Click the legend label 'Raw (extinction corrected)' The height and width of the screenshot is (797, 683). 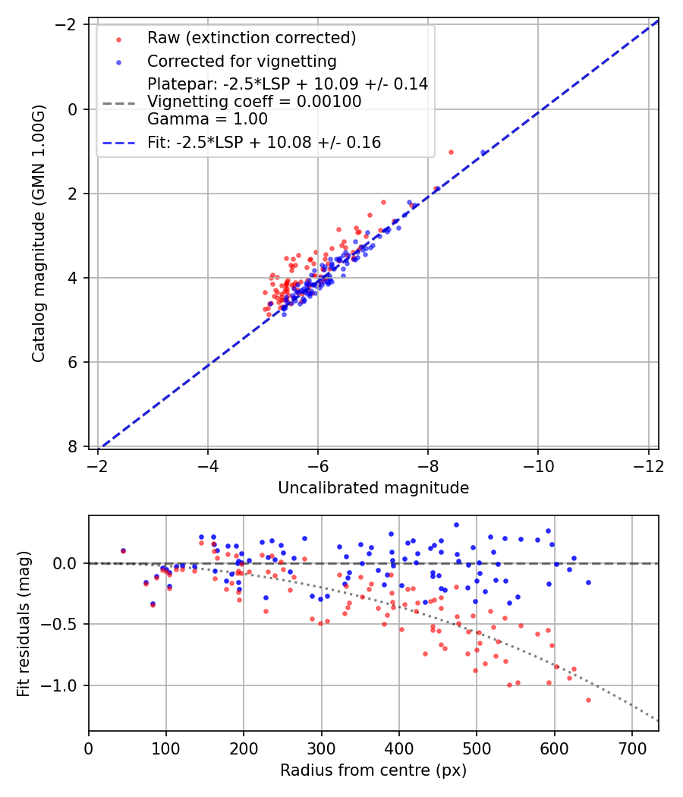[x=251, y=38]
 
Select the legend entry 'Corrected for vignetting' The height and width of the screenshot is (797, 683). [x=242, y=61]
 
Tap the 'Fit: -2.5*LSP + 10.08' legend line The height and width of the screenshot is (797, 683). [x=264, y=142]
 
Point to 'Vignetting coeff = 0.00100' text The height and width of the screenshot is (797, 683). [x=254, y=102]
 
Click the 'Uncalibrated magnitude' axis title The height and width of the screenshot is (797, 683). [x=373, y=488]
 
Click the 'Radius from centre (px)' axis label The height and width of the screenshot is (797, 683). [x=373, y=770]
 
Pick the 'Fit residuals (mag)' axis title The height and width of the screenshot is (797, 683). [x=24, y=623]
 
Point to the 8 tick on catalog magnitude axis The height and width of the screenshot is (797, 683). [x=74, y=446]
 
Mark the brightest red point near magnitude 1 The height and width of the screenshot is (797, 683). [x=451, y=152]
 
